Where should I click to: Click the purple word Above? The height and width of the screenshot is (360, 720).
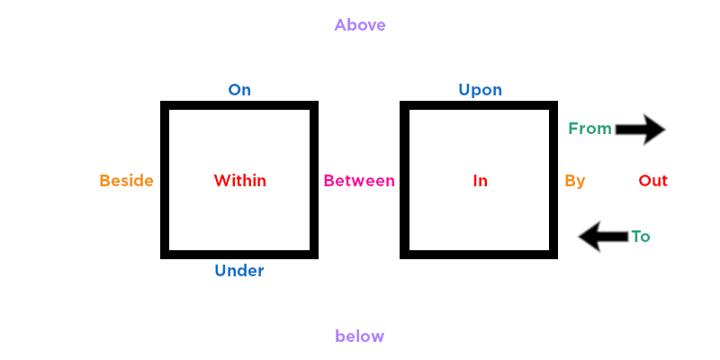(360, 25)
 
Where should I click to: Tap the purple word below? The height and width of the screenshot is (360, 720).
(360, 337)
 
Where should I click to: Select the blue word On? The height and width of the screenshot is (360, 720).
(239, 90)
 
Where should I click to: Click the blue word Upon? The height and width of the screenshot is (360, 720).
(481, 90)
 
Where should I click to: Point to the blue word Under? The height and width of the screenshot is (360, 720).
(239, 270)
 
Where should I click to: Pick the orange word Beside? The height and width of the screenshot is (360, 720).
(126, 181)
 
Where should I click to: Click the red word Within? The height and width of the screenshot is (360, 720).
(240, 181)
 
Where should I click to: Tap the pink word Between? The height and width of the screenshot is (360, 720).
(359, 181)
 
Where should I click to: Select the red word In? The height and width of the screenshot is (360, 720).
(481, 181)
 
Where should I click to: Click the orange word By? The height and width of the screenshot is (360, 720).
(575, 181)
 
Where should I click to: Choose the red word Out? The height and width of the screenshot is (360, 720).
(653, 181)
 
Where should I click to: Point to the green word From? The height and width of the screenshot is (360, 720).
(589, 129)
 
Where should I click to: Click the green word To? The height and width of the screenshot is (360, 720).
(641, 237)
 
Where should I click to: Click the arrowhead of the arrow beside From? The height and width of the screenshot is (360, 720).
(653, 130)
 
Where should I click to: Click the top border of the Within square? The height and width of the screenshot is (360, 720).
(239, 105)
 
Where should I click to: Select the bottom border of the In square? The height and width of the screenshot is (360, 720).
(479, 254)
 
